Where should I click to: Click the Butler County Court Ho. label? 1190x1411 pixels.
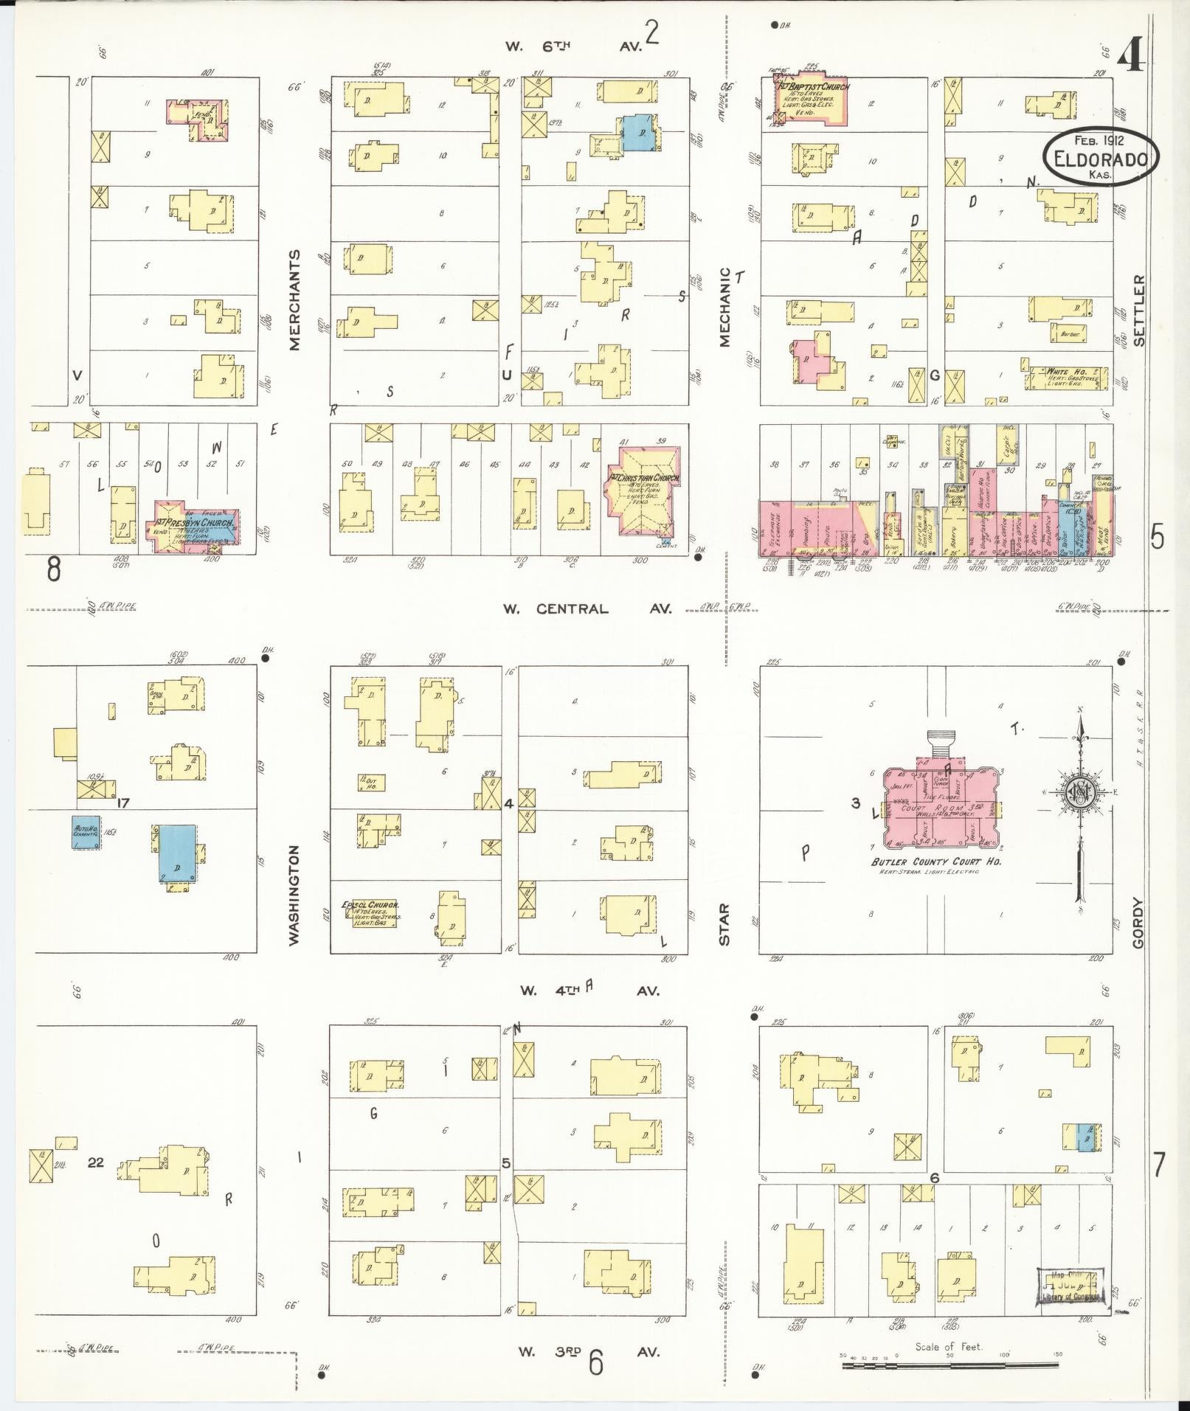(936, 861)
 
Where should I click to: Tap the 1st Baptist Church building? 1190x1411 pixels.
(810, 100)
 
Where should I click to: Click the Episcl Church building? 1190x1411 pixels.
(370, 912)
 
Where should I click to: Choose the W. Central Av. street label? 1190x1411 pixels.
(587, 609)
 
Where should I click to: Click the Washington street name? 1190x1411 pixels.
(295, 895)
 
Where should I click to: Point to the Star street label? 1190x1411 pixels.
(724, 924)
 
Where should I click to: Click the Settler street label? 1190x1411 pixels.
(1139, 310)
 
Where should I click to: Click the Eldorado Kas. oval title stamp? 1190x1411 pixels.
(1101, 157)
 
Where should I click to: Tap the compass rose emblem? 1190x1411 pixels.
(1079, 792)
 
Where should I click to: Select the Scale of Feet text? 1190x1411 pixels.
(949, 1346)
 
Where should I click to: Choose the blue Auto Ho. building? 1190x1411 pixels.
(86, 832)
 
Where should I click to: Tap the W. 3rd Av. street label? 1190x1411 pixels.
(587, 1352)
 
